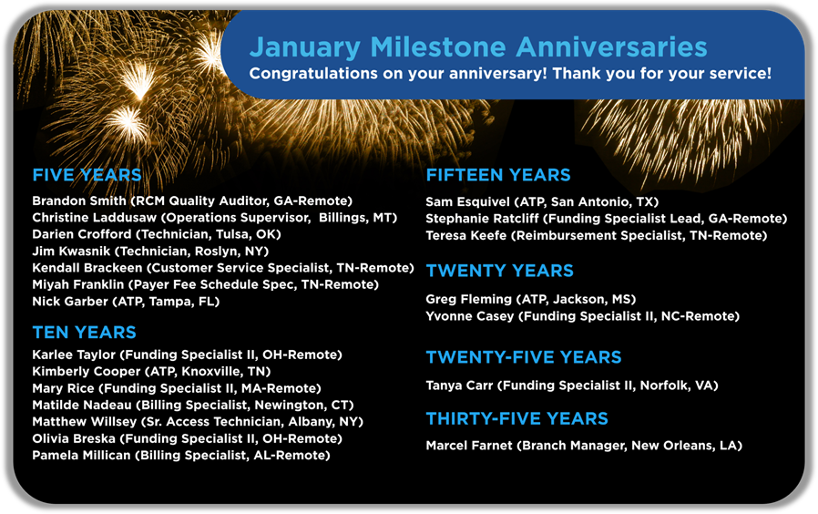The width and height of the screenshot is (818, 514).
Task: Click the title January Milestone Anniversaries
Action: (477, 47)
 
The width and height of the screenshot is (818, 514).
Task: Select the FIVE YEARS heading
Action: (87, 176)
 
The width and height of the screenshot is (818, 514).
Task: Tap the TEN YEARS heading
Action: (84, 333)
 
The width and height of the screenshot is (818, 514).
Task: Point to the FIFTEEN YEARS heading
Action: (498, 176)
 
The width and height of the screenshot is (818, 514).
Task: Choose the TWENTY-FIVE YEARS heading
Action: (524, 357)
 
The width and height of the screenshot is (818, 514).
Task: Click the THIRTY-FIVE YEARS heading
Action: (516, 419)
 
